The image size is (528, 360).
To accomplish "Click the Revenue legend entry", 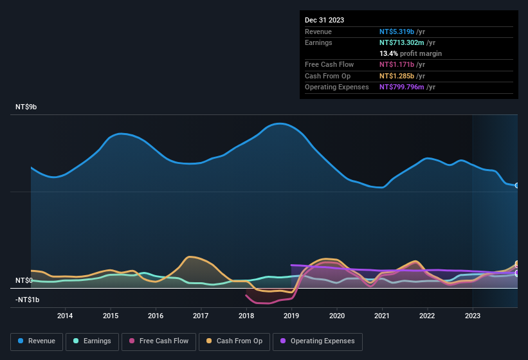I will (x=36, y=341).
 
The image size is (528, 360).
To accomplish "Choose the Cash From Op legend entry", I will (x=234, y=341).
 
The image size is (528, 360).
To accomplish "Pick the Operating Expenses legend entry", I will (x=317, y=341).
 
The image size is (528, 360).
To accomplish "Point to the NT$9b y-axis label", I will (x=26, y=107).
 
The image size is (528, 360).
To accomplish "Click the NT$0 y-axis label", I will (x=24, y=280).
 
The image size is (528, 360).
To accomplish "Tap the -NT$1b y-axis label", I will (x=28, y=300).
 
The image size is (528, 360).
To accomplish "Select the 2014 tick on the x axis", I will (x=64, y=316).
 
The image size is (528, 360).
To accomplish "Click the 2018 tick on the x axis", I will (x=246, y=316).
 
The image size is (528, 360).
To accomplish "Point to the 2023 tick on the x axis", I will (x=473, y=316).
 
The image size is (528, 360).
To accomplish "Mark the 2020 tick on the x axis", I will (x=336, y=316).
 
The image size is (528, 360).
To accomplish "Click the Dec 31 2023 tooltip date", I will (x=324, y=20).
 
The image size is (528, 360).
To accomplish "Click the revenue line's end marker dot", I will (x=517, y=185).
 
